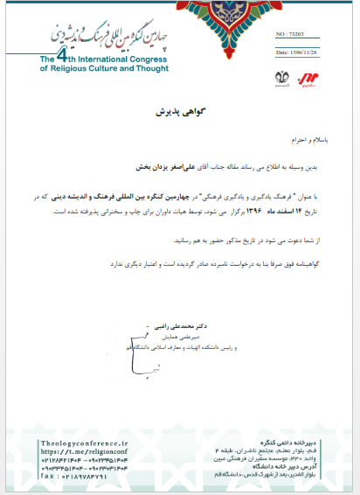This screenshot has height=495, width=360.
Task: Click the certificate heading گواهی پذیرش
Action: (x=179, y=113)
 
